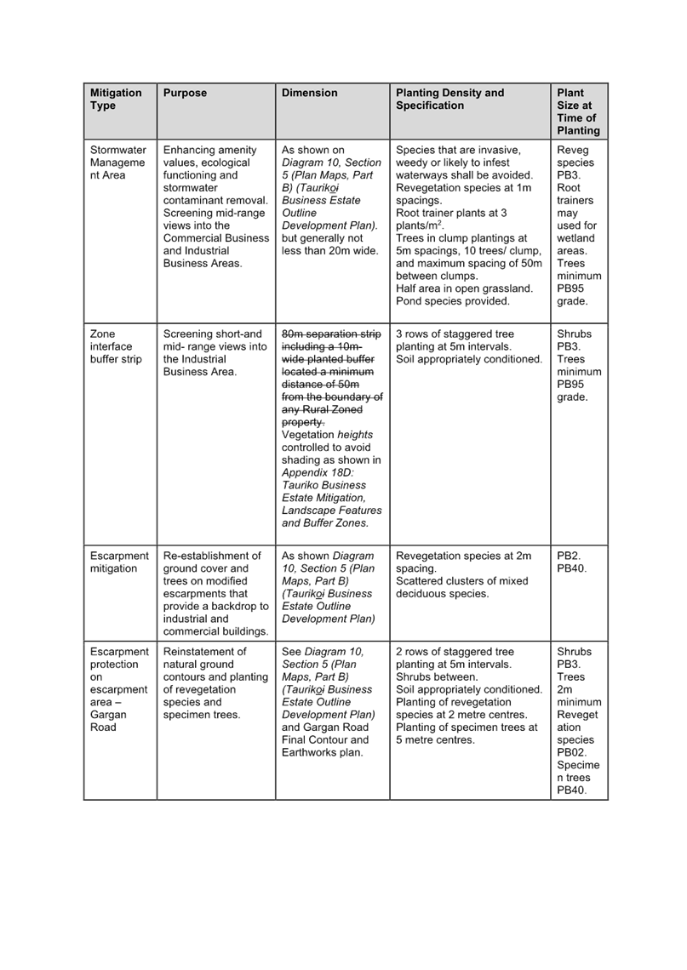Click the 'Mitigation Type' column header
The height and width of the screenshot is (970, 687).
pos(116,100)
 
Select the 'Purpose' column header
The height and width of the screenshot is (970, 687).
pos(185,94)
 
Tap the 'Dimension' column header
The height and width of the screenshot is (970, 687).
pos(310,94)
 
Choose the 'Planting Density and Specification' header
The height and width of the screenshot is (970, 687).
pos(449,100)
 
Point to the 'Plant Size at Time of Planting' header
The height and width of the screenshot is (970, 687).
pos(577,111)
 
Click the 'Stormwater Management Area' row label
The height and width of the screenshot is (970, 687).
pos(117,163)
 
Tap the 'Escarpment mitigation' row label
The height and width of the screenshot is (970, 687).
pos(119,562)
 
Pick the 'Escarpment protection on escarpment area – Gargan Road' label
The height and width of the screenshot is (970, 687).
pos(119,689)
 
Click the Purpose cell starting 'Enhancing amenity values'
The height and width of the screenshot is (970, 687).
pos(215,207)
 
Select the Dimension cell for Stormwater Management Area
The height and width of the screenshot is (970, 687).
pos(331,200)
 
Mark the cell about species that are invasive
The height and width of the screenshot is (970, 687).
pos(468,225)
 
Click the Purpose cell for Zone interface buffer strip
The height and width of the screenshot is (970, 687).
pos(215,352)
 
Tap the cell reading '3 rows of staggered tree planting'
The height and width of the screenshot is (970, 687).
pos(468,346)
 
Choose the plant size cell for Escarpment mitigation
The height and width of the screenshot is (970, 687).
pos(570,562)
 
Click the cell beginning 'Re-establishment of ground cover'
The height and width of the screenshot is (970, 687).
pos(215,593)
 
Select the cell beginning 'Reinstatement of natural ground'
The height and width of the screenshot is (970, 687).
pos(215,683)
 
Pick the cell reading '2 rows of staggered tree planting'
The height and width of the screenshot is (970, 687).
pos(468,695)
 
